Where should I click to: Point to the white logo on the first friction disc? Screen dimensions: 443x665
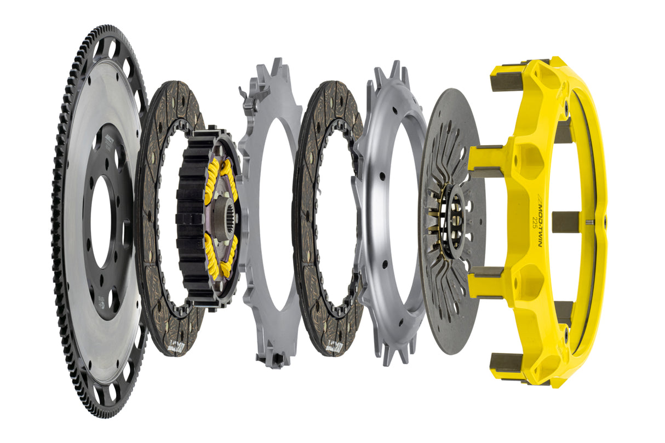click(174, 346)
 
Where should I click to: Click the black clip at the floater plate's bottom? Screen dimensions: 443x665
click(274, 359)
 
